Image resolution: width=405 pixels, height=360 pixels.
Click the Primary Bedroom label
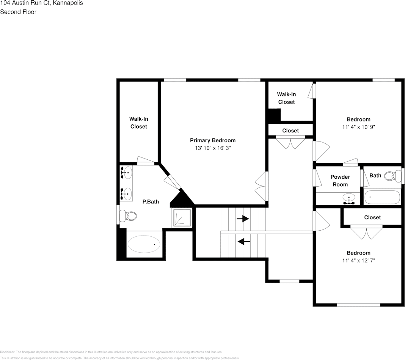point(213,140)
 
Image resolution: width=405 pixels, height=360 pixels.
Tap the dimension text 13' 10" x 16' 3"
point(213,148)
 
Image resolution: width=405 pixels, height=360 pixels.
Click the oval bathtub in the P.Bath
point(144,244)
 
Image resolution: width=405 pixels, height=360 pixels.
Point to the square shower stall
point(182,218)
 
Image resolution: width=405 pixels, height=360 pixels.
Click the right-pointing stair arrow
point(243,219)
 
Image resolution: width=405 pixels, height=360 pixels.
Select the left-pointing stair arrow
point(243,242)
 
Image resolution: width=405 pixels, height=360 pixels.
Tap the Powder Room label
point(340,181)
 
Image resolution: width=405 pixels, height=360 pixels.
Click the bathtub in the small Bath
point(382,197)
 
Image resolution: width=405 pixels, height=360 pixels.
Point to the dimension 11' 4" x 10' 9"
point(358,127)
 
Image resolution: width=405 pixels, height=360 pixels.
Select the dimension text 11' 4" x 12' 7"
point(358,261)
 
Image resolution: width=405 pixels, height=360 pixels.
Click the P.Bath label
point(151,201)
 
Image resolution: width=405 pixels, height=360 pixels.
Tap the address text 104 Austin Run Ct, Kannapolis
point(42,3)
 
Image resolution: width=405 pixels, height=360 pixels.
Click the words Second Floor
point(18,12)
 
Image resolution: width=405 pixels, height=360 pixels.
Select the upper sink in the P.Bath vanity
point(127,172)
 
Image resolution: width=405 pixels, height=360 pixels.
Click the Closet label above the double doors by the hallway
point(290,131)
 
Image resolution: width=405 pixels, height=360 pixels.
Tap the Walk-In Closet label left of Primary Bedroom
point(139,123)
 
